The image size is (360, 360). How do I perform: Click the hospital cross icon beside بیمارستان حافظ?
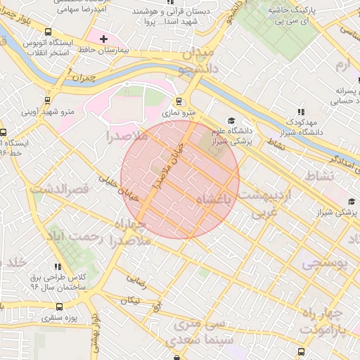point(104,39)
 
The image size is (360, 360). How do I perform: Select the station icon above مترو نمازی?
point(180,101)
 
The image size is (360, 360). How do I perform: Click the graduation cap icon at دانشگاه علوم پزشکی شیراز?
point(231,120)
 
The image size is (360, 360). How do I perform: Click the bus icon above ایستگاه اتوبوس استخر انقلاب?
point(48,32)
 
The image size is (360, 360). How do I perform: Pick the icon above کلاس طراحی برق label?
point(58,266)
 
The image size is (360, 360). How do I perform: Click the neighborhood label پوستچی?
point(325,264)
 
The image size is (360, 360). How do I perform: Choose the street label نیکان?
point(130,300)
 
